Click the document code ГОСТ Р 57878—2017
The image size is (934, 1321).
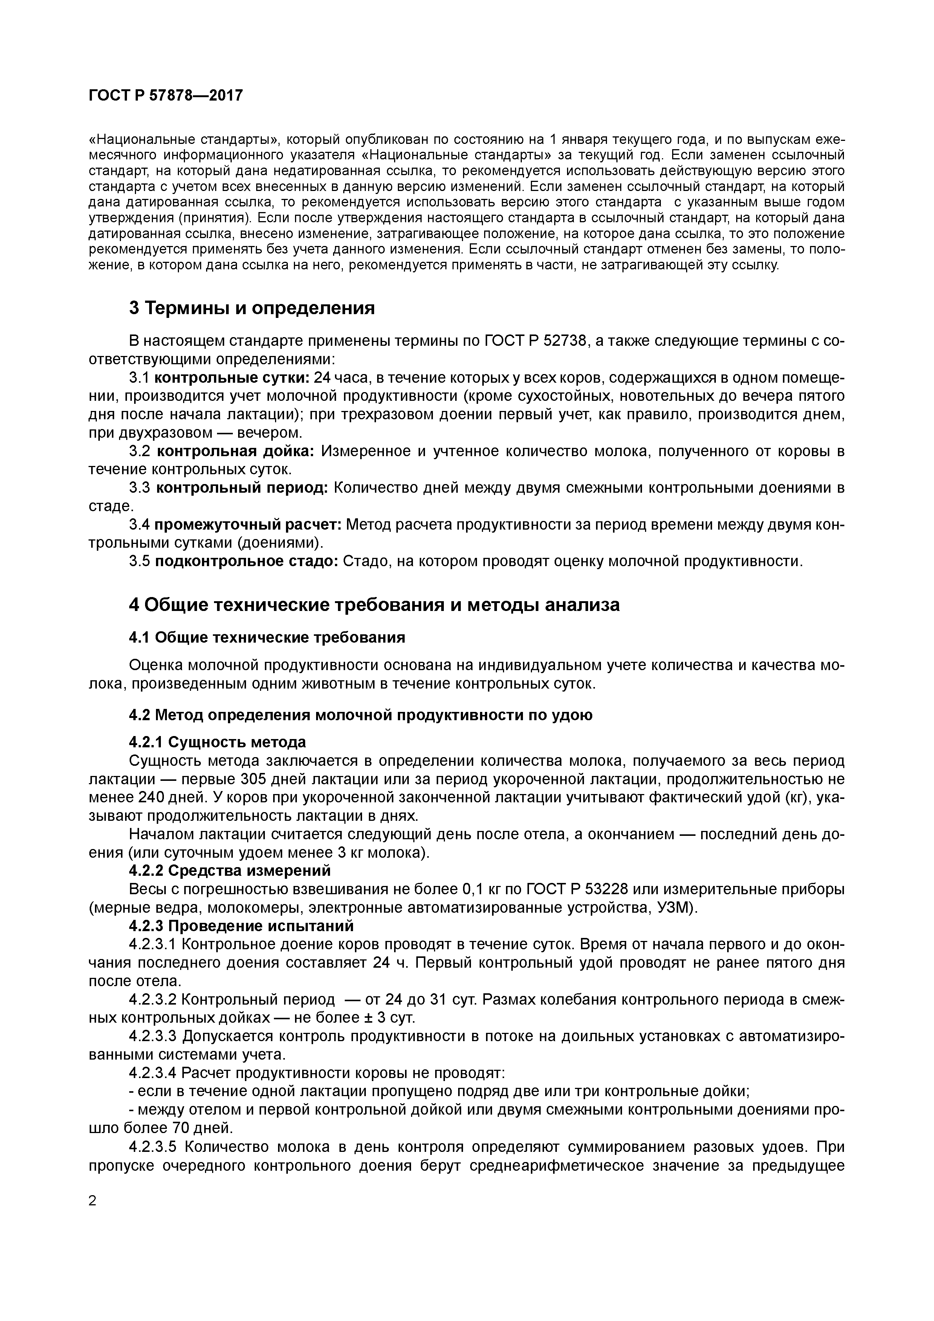click(166, 96)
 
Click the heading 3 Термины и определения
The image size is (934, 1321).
click(251, 308)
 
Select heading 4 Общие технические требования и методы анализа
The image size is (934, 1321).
click(374, 605)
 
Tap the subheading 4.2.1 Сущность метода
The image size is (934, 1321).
click(217, 742)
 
